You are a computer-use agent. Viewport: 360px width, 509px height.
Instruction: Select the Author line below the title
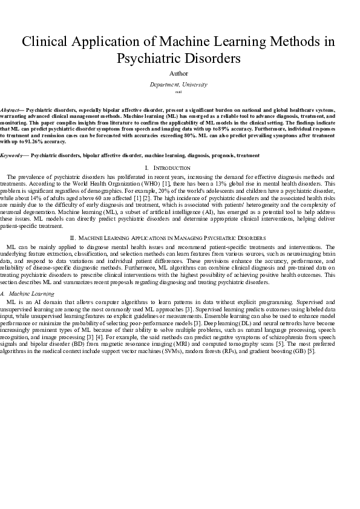coord(180,74)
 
